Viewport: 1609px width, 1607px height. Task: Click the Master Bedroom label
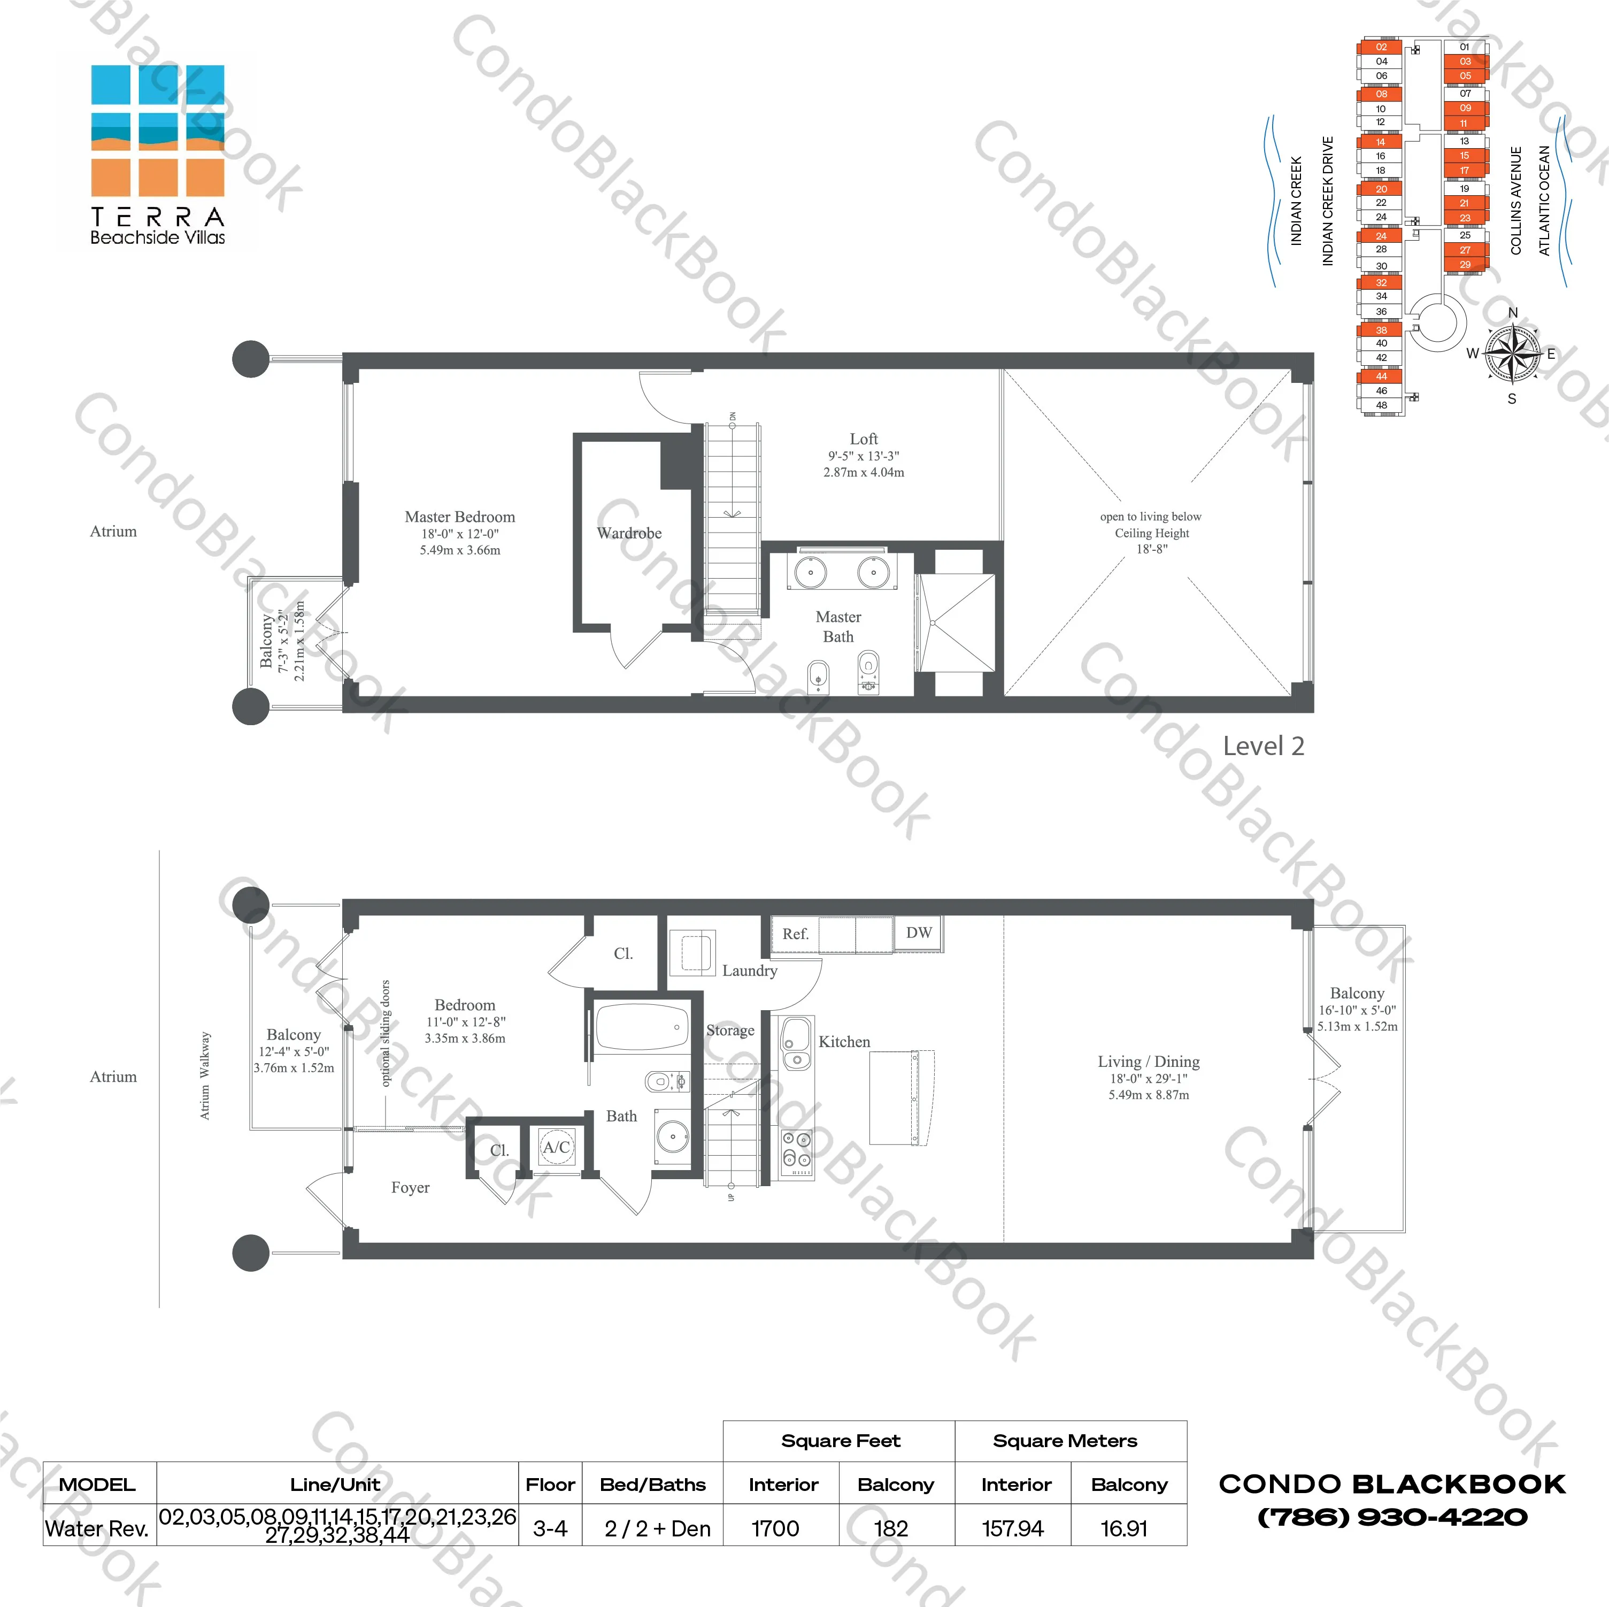[460, 517]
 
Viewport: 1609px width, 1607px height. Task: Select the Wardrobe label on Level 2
[629, 533]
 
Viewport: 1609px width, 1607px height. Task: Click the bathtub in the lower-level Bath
[641, 1028]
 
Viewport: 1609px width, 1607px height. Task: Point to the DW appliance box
[919, 933]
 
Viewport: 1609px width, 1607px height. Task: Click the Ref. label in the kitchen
[795, 934]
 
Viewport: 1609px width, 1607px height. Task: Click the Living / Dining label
[1149, 1062]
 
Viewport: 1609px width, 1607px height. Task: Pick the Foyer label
[411, 1188]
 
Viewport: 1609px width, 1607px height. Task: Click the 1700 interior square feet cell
[775, 1529]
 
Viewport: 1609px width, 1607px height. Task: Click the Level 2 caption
[1262, 747]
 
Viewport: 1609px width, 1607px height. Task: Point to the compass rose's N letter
[1513, 313]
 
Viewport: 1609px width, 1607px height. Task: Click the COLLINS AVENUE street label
[1516, 200]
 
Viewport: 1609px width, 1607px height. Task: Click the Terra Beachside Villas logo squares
[157, 131]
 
